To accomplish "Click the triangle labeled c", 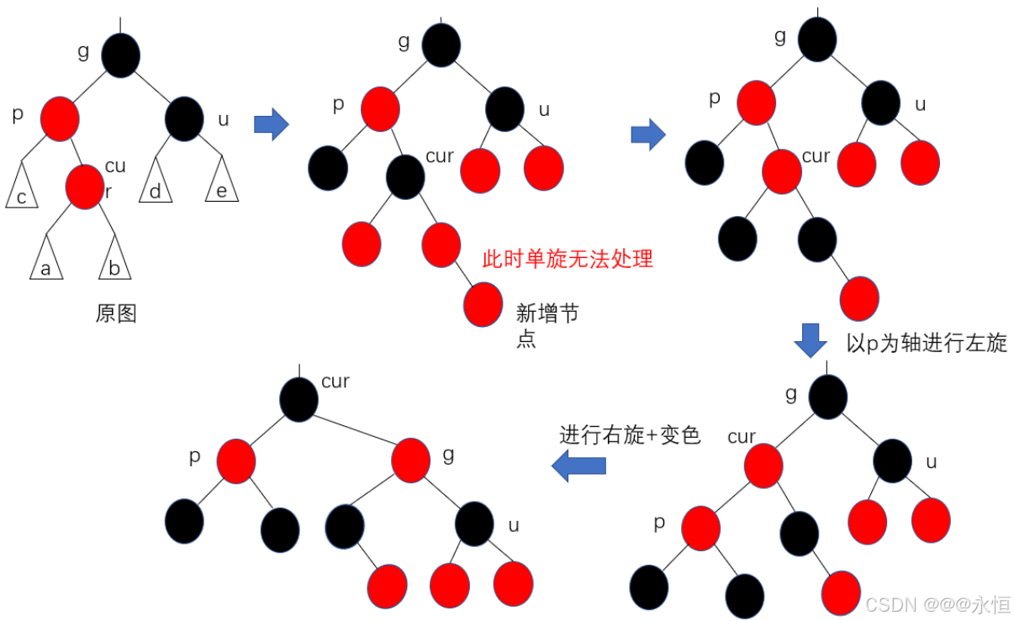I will [x=22, y=190].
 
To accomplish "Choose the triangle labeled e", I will [x=222, y=186].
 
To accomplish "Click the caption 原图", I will [x=116, y=314].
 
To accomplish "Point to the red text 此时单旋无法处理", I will [x=568, y=259].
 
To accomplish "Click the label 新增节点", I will [x=547, y=326].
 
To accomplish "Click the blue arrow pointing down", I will [x=811, y=339].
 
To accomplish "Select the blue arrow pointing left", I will [x=579, y=465].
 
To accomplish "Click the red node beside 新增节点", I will [x=483, y=305].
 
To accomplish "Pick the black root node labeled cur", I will [x=299, y=399].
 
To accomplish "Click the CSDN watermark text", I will [x=937, y=603].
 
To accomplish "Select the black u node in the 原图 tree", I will [x=184, y=118].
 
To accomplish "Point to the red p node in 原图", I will [x=59, y=118].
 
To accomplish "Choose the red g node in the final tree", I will [x=411, y=460].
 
